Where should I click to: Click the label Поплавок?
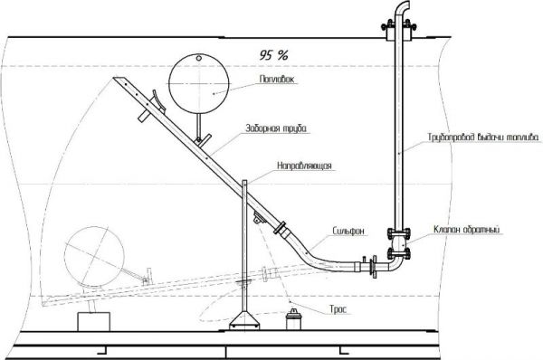[x=277, y=80]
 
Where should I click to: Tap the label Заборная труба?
[x=276, y=128]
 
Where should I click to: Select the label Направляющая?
[x=304, y=166]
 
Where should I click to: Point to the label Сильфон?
[x=348, y=231]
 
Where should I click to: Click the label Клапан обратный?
[x=467, y=229]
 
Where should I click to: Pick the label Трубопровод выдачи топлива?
[x=483, y=137]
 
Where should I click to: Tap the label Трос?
[x=338, y=309]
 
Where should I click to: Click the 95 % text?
[x=273, y=54]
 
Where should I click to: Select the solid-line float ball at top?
[x=199, y=83]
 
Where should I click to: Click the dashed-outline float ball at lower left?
[x=94, y=257]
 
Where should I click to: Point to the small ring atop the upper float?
[x=199, y=58]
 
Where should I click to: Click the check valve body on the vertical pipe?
[x=399, y=243]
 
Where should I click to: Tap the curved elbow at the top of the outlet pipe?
[x=402, y=7]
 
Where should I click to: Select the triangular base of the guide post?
[x=244, y=320]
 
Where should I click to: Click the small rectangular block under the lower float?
[x=93, y=322]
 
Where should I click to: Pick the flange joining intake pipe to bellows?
[x=280, y=229]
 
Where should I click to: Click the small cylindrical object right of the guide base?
[x=293, y=319]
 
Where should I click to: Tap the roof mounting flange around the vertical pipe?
[x=399, y=31]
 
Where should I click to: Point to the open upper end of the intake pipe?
[x=118, y=80]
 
